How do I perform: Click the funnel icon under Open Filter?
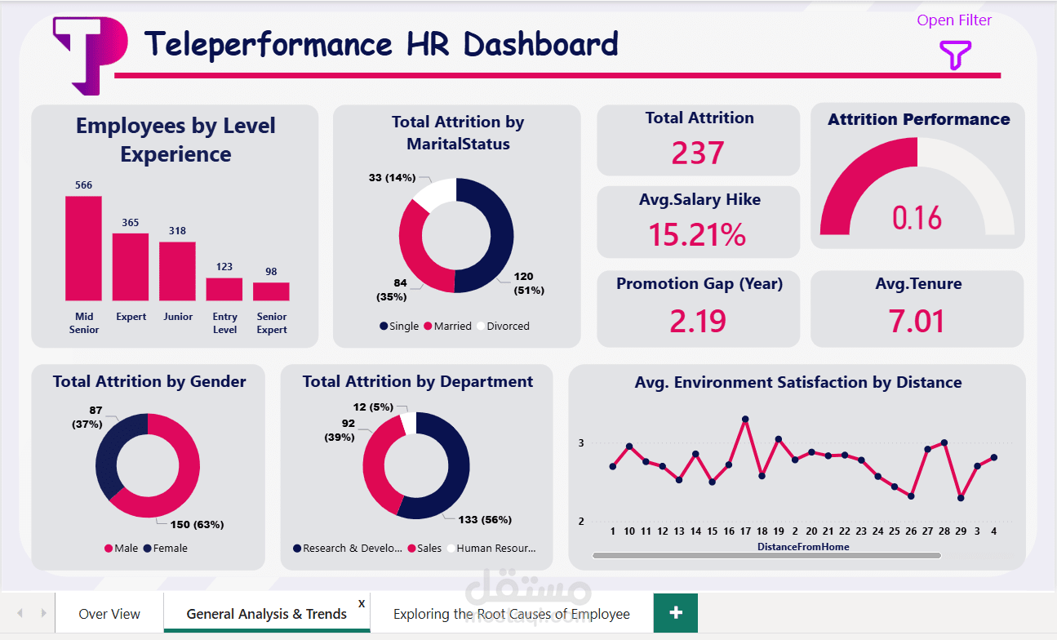click(x=955, y=56)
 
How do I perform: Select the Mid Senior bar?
click(x=83, y=248)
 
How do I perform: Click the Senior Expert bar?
click(x=271, y=291)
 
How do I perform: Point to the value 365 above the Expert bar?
click(x=131, y=223)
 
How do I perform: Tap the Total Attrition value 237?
click(x=698, y=153)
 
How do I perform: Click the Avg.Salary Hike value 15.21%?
click(x=698, y=235)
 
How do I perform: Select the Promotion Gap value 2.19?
click(x=698, y=321)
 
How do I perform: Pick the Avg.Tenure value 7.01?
click(x=917, y=321)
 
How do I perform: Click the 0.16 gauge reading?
click(x=917, y=218)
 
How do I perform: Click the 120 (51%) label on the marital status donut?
click(x=528, y=283)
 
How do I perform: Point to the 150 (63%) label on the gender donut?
click(x=196, y=524)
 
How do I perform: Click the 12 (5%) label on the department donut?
click(x=373, y=407)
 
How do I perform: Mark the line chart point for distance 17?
click(x=745, y=420)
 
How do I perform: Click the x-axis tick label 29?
click(x=961, y=531)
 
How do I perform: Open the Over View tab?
click(x=109, y=614)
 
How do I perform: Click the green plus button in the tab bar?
click(x=676, y=613)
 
